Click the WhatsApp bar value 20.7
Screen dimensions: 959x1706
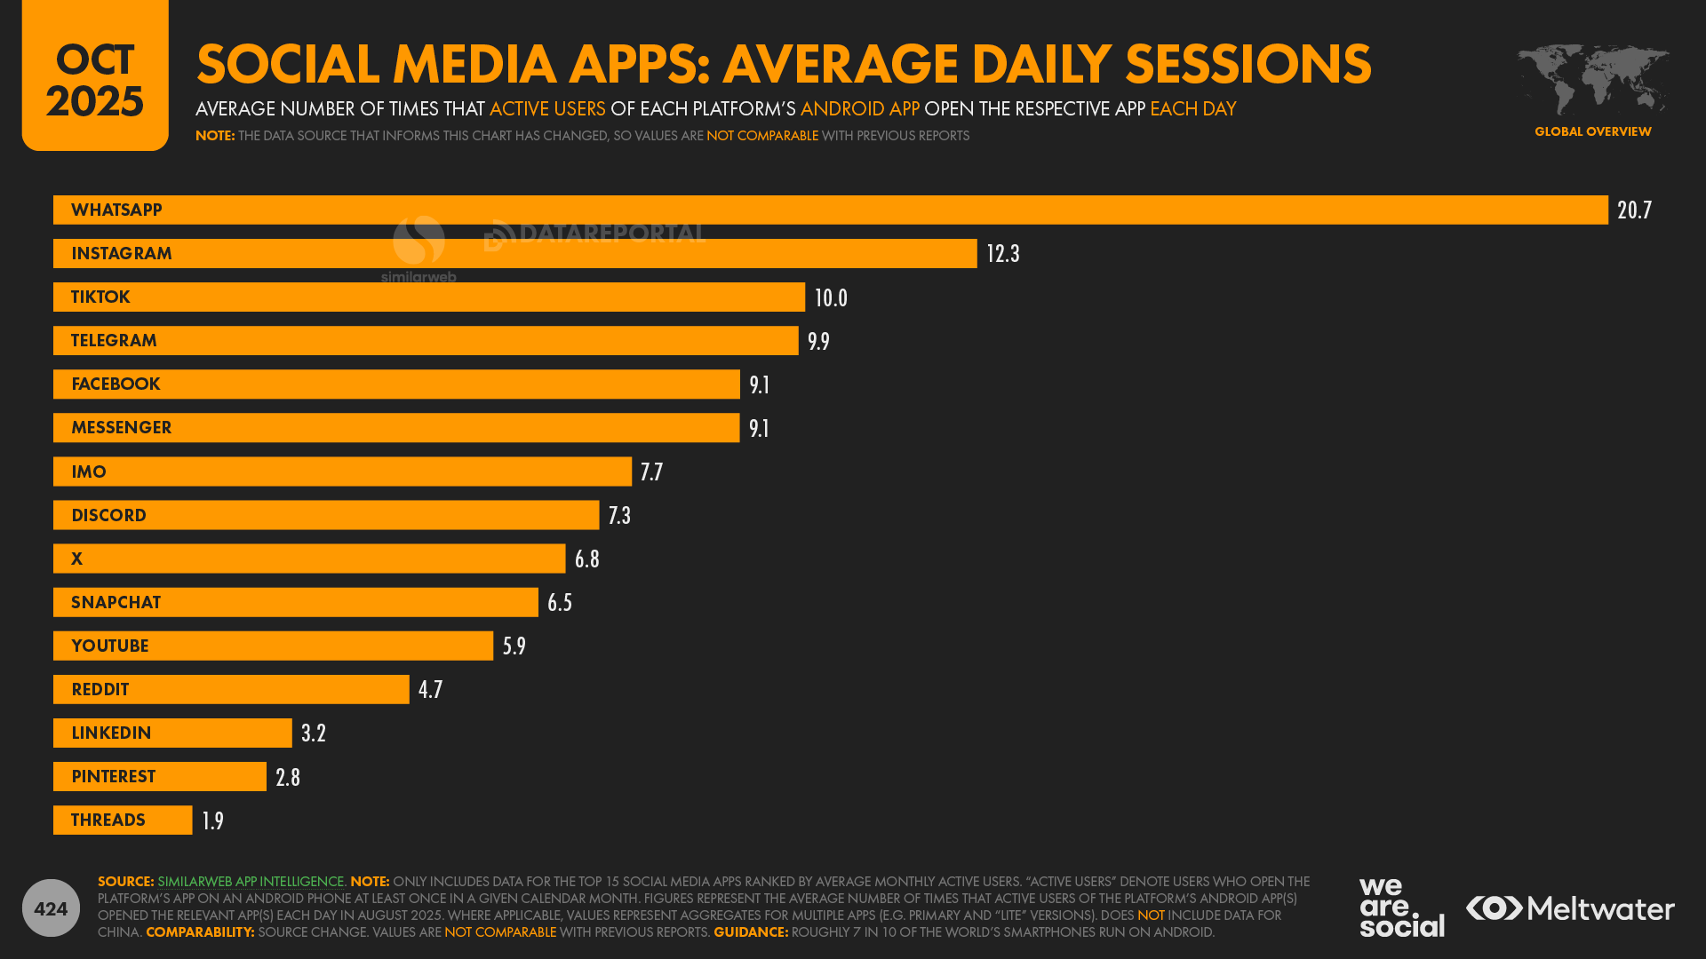[1633, 210]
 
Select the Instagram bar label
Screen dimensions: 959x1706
[122, 254]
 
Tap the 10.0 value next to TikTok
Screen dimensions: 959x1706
[831, 298]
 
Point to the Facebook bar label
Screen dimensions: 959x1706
[116, 384]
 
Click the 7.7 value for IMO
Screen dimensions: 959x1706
[651, 472]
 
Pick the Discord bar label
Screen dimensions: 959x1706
[108, 516]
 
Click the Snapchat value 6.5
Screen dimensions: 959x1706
[560, 603]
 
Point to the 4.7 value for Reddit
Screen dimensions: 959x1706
[430, 690]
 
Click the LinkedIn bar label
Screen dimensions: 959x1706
[111, 733]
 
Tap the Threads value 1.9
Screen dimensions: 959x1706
[212, 821]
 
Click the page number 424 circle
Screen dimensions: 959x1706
[51, 908]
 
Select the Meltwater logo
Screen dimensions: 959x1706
[1570, 908]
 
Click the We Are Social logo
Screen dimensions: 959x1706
[1401, 907]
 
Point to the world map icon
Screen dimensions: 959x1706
[1592, 80]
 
